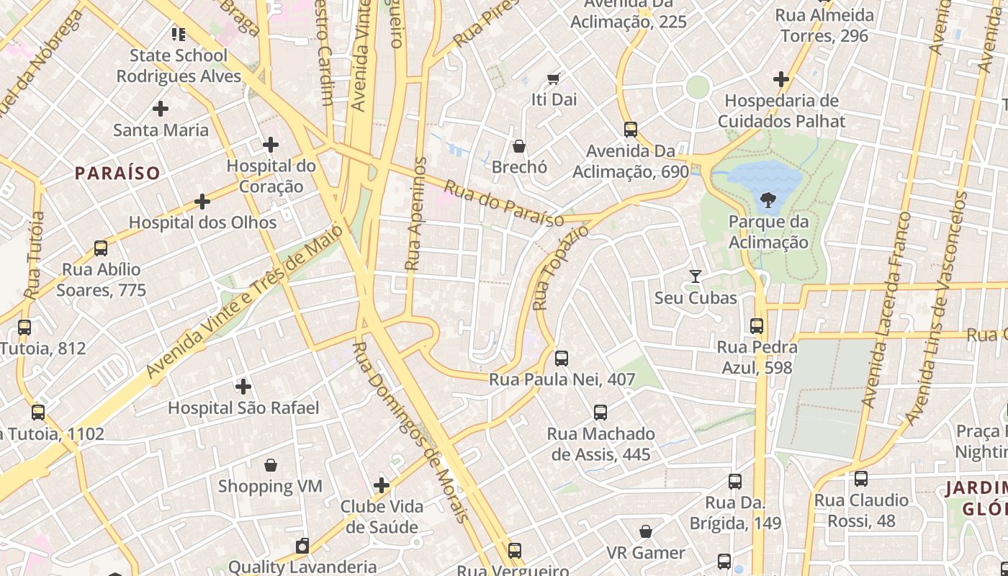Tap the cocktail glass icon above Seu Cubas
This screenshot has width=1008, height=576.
click(x=695, y=276)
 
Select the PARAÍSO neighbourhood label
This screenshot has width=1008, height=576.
click(x=117, y=173)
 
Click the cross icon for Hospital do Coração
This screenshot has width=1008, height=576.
click(x=271, y=145)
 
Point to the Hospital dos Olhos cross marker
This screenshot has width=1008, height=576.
click(x=202, y=201)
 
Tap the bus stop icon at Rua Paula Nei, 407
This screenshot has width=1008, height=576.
click(x=562, y=358)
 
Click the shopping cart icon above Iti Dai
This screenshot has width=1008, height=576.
click(x=554, y=78)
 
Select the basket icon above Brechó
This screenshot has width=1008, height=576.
click(x=519, y=146)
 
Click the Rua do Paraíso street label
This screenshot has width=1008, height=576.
click(x=503, y=203)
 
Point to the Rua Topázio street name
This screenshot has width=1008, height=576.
click(x=559, y=268)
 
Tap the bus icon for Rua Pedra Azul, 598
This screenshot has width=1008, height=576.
click(x=756, y=326)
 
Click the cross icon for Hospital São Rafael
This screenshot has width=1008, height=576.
click(x=243, y=387)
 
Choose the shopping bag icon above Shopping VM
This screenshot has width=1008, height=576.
click(x=271, y=465)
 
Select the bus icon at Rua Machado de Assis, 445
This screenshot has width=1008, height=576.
click(x=600, y=413)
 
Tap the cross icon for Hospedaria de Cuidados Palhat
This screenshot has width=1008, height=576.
click(x=781, y=79)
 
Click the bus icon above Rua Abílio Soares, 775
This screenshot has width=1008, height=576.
click(x=101, y=248)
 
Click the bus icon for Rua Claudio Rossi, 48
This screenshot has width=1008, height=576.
click(x=860, y=479)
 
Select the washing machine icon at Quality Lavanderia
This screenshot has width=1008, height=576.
click(x=302, y=546)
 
